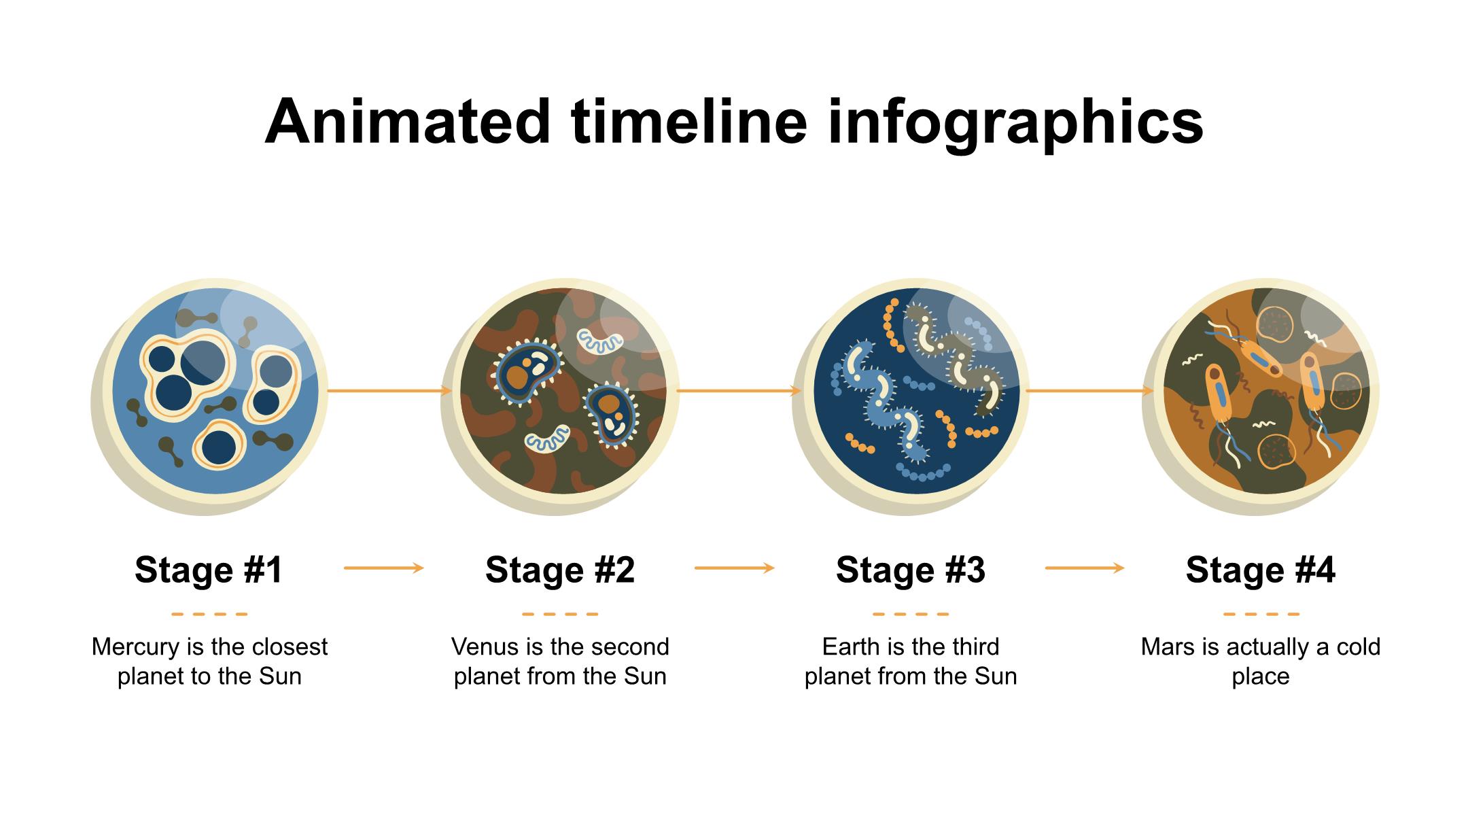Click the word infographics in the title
[1015, 125]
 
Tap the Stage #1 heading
[209, 569]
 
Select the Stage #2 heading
[560, 569]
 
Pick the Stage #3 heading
[911, 569]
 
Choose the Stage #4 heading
[1261, 569]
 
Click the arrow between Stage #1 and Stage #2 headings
[384, 568]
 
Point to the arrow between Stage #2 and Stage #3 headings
[735, 568]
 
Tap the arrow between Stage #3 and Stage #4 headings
[1085, 568]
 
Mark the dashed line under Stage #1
[209, 614]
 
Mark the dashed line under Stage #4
[1261, 614]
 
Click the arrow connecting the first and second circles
[389, 391]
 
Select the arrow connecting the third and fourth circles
[1090, 391]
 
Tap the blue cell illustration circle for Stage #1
[210, 396]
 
